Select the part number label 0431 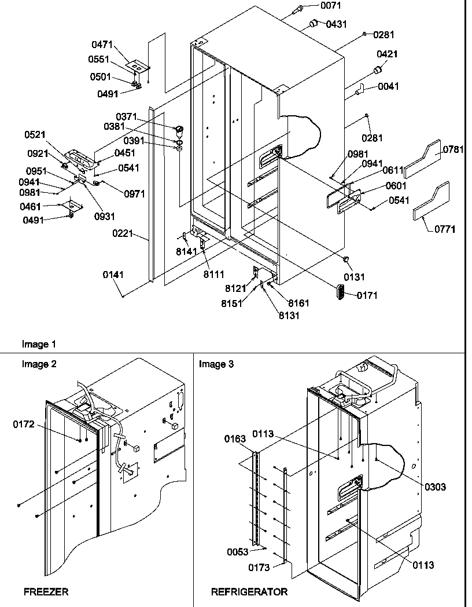tap(336, 24)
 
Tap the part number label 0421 tap(386, 54)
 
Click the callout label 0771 tap(445, 229)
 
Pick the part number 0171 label tap(367, 295)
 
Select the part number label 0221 tap(123, 234)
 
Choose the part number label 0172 tap(24, 425)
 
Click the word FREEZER tap(46, 592)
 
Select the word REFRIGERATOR tap(249, 592)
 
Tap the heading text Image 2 tap(39, 364)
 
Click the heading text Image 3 tap(216, 364)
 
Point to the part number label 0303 tap(434, 487)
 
